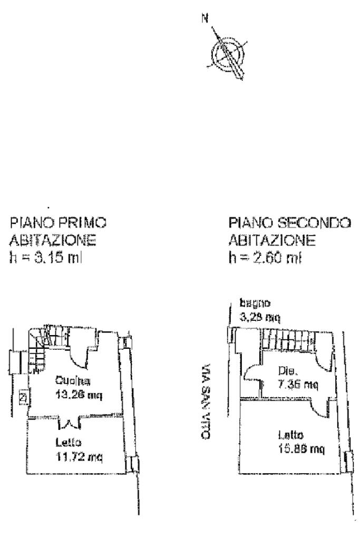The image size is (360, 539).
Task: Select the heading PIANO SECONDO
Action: coord(289,223)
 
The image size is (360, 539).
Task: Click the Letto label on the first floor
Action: coord(66,443)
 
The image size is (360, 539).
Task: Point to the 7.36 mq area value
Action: coord(297,385)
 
